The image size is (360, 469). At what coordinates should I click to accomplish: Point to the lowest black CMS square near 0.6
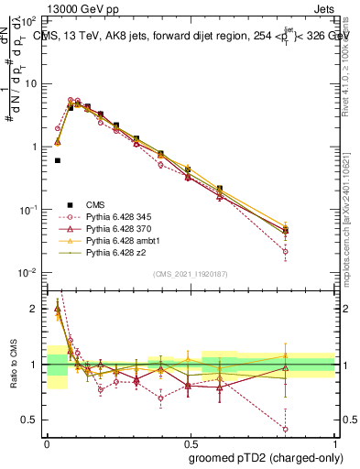[x=57, y=160]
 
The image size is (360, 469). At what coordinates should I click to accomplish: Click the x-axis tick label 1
[x=334, y=442]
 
